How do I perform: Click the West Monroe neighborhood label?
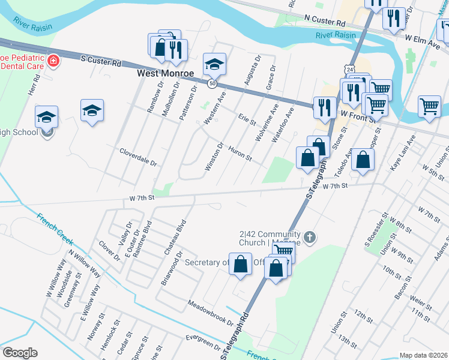pos(166,73)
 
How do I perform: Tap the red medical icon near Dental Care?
pos(53,61)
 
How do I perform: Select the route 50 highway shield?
pos(212,83)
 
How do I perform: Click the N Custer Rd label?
pos(325,21)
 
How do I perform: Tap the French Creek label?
pos(55,229)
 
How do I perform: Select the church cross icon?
pos(309,238)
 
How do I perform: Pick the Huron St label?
pos(240,154)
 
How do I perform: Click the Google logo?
pos(19,353)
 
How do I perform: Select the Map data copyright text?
pos(424,355)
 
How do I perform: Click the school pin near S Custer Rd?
pos(214,63)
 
